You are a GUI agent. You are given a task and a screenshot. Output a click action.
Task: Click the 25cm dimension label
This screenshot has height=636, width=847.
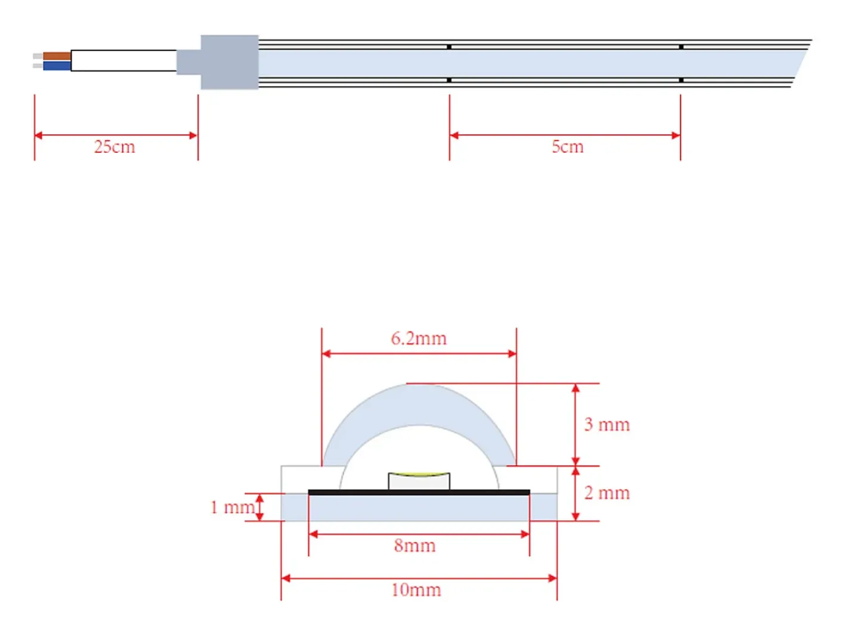tap(114, 147)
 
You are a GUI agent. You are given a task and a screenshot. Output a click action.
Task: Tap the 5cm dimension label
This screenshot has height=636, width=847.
tap(567, 147)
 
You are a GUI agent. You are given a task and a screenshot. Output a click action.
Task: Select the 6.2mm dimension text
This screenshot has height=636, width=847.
tap(419, 338)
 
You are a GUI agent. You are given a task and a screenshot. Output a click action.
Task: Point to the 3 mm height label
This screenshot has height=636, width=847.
tap(607, 425)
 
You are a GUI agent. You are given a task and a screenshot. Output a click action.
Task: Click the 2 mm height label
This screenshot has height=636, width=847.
tap(607, 493)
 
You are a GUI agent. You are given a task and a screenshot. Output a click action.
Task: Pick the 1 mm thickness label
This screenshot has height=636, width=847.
tap(232, 507)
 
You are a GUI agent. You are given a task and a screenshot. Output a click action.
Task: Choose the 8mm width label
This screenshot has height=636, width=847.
tap(415, 546)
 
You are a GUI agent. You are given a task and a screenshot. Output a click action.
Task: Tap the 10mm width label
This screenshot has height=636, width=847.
tap(416, 590)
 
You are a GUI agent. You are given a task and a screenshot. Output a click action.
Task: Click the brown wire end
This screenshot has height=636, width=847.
tap(57, 56)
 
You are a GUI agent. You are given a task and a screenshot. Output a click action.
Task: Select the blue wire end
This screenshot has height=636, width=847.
tap(57, 66)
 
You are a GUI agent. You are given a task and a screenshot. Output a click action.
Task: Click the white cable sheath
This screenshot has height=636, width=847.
tap(124, 61)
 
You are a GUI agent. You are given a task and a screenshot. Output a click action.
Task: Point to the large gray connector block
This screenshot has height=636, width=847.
tap(230, 62)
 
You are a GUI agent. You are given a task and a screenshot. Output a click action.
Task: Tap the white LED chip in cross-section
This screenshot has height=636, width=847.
tap(419, 481)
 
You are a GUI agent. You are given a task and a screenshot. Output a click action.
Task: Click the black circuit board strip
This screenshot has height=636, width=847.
tap(419, 492)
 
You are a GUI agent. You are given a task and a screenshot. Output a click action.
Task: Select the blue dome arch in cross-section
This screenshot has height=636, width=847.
tap(419, 405)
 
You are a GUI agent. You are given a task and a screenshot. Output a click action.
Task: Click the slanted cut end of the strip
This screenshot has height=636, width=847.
tap(799, 64)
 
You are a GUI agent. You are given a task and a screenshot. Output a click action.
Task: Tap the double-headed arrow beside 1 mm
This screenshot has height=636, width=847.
tap(259, 508)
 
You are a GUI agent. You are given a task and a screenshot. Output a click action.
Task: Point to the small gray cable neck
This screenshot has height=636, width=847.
tap(188, 62)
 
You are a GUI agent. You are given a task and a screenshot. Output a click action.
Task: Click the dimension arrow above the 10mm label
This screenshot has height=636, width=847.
tap(419, 578)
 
